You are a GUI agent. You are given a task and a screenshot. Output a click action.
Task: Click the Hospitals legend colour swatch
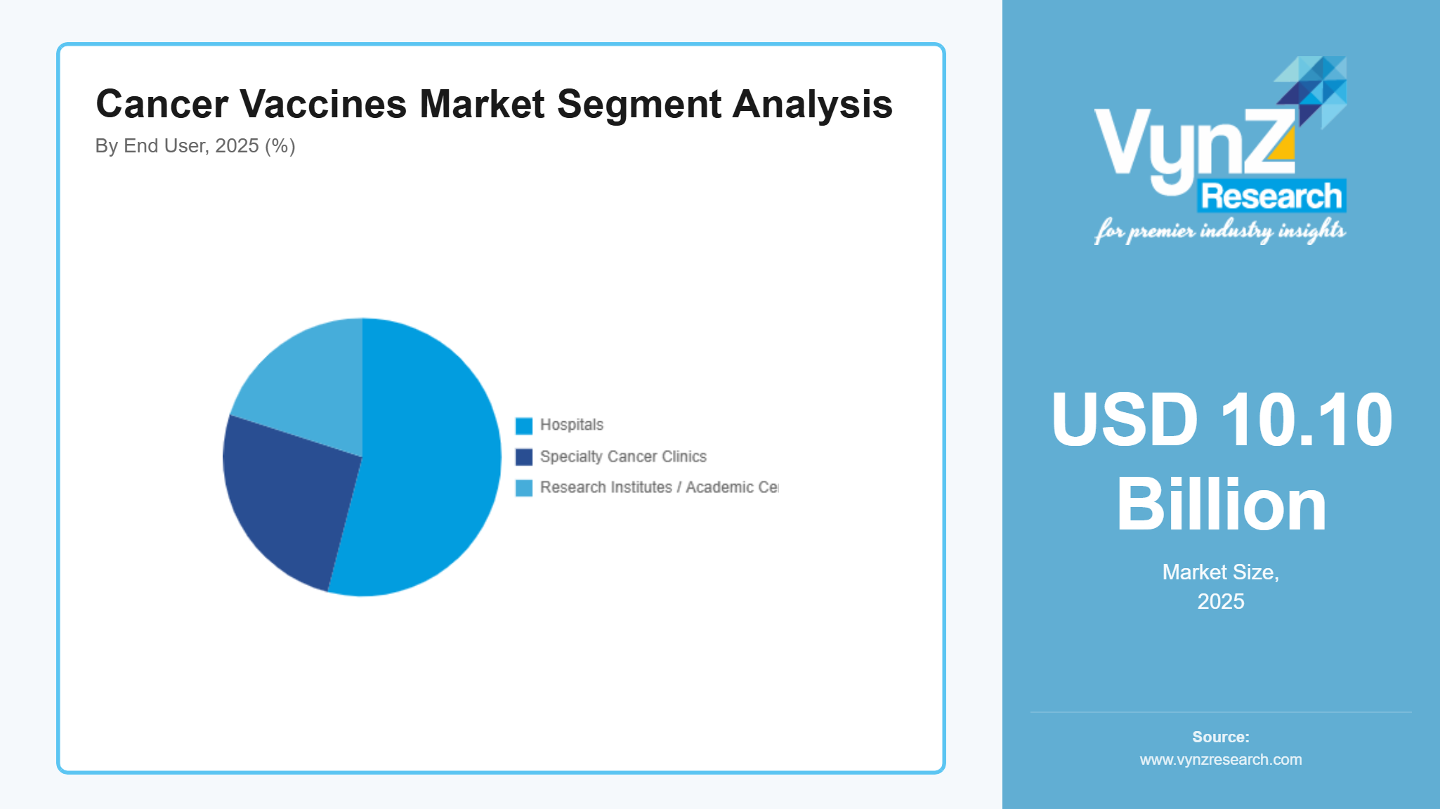pyautogui.click(x=524, y=426)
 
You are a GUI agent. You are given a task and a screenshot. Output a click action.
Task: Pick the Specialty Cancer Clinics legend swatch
pyautogui.click(x=524, y=457)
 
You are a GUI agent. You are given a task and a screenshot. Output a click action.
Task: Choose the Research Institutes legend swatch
pyautogui.click(x=524, y=488)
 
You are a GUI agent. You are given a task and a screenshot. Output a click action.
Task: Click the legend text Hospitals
pyautogui.click(x=571, y=425)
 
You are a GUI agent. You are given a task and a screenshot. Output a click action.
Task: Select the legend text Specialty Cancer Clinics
pyautogui.click(x=623, y=456)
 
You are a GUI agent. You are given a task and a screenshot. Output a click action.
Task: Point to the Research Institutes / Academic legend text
pyautogui.click(x=659, y=487)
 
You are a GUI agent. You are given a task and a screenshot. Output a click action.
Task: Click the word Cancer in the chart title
pyautogui.click(x=162, y=104)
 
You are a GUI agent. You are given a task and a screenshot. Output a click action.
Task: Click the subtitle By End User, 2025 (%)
pyautogui.click(x=195, y=146)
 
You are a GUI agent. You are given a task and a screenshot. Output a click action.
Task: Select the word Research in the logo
pyautogui.click(x=1271, y=196)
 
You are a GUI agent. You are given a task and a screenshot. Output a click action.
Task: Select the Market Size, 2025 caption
pyautogui.click(x=1221, y=586)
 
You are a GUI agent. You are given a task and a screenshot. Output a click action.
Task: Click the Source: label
pyautogui.click(x=1221, y=737)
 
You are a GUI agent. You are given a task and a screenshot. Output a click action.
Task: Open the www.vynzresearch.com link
pyautogui.click(x=1221, y=759)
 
